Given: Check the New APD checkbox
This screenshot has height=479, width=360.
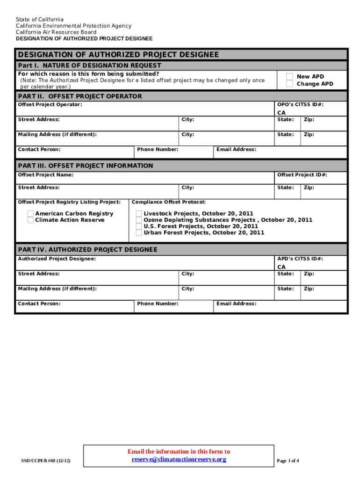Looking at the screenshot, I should point(290,77).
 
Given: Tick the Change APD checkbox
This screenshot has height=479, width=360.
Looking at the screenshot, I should point(290,84).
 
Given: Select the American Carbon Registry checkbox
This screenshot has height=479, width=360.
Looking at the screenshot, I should point(30,214).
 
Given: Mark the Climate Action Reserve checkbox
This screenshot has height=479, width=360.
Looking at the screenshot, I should point(30,220).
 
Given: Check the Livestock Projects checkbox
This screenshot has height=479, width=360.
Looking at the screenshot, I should point(139,214).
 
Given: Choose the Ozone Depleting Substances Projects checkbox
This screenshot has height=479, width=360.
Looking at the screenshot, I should point(139,220).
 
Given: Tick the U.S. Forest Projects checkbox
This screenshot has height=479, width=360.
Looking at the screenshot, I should point(139,226).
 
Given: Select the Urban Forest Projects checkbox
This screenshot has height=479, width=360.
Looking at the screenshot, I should point(139,232).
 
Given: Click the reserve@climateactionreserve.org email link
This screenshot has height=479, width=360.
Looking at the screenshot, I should point(179,459).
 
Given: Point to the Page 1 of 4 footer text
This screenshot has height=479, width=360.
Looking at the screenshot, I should point(288,461).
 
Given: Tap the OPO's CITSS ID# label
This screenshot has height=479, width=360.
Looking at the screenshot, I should point(300,105).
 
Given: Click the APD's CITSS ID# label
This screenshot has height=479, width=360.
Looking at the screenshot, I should point(300,259).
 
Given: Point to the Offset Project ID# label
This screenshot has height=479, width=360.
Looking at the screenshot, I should point(302,175).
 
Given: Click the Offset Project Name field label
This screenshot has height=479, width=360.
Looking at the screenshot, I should point(45,175).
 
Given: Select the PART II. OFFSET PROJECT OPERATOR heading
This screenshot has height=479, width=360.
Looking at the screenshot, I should point(79,96).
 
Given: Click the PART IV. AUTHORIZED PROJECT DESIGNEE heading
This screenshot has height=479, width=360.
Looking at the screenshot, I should point(87,250).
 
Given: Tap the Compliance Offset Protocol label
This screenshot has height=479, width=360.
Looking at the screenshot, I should point(169,202).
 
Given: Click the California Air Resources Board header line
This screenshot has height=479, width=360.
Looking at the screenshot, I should point(56,32).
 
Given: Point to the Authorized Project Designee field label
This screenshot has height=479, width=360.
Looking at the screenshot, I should point(57,259).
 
